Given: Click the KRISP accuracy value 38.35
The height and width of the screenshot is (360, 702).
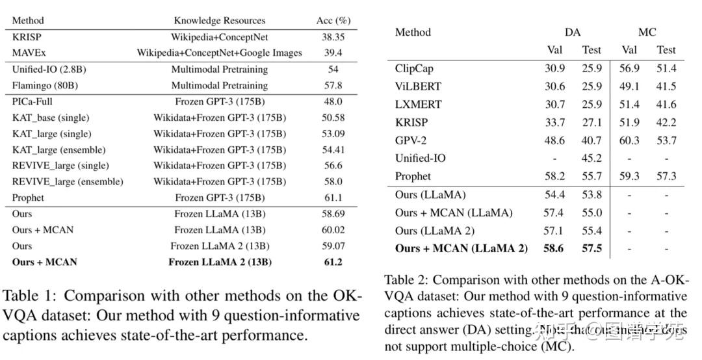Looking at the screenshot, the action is (333, 38).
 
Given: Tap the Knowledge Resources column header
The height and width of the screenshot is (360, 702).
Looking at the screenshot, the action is (219, 20).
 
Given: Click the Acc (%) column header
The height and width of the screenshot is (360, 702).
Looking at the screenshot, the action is (333, 20).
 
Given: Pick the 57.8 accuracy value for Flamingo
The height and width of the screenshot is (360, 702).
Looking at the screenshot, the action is (333, 85).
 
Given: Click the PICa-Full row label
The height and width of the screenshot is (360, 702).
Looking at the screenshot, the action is (33, 101).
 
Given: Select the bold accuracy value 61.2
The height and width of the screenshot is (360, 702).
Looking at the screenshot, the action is (333, 263).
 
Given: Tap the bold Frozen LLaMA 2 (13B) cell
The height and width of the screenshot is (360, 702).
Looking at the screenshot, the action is (219, 263).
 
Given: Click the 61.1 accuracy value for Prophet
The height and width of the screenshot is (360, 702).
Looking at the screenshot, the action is (333, 198).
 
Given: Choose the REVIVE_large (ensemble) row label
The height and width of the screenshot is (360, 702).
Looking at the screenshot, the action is (67, 182).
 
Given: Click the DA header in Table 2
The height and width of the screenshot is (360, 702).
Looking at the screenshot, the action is (573, 32).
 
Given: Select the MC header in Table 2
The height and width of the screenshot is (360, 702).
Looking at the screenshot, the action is (647, 32).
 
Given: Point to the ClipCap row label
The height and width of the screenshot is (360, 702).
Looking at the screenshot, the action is (414, 68).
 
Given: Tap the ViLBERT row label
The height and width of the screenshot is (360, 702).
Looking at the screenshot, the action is (418, 86).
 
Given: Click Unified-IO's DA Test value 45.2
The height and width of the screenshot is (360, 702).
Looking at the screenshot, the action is (591, 158).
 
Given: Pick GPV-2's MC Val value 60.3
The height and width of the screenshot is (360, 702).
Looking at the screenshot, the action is (629, 140).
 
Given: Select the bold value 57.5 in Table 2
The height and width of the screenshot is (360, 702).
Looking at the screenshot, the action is (591, 248).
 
